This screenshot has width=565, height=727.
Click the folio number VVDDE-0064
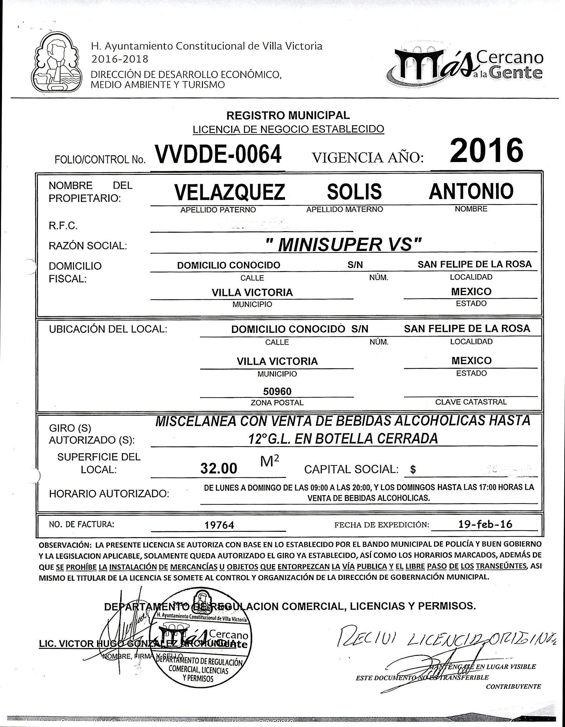[218, 154]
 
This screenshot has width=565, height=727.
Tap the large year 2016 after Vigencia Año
[486, 151]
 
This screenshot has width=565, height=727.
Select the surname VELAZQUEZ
[230, 192]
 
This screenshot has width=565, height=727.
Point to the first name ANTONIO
[471, 191]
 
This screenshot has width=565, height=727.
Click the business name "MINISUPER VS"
[344, 245]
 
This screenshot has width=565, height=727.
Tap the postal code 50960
[277, 391]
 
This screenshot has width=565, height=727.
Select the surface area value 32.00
[219, 469]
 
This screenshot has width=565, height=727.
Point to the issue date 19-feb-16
[485, 524]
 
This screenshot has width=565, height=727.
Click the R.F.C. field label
[63, 226]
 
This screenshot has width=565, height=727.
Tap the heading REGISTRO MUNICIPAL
[288, 115]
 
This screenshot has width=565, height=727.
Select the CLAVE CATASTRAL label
[471, 402]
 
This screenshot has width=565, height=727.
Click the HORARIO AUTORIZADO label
[109, 494]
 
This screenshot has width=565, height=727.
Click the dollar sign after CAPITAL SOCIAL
[413, 469]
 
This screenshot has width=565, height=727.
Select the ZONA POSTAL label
[277, 403]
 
